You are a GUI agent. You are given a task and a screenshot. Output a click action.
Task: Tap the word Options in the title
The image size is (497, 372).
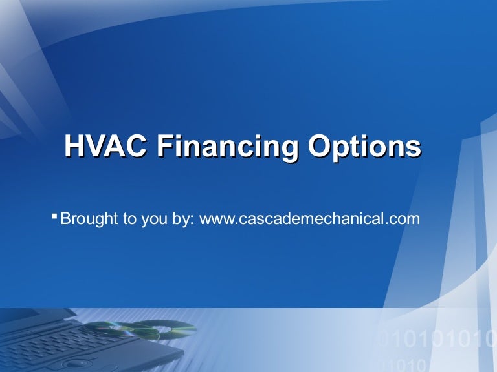pyautogui.click(x=364, y=147)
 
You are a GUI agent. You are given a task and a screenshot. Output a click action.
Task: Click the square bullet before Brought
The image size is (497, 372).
pyautogui.click(x=54, y=214)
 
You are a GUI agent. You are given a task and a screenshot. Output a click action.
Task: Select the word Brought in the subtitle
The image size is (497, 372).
pyautogui.click(x=89, y=219)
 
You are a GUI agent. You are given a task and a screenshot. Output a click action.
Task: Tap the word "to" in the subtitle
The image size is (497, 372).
pyautogui.click(x=129, y=219)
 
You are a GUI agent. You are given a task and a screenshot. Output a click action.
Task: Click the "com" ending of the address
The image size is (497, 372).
pyautogui.click(x=406, y=220)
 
